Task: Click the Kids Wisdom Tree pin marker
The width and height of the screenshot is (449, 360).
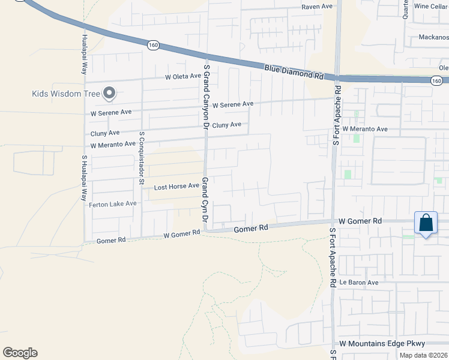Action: tap(109, 93)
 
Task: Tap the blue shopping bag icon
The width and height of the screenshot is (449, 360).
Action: tap(426, 223)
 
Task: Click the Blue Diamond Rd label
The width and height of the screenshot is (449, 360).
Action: tap(294, 73)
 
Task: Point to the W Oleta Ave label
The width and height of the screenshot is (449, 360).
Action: tap(183, 76)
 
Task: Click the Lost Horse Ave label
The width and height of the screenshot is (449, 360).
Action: tap(176, 187)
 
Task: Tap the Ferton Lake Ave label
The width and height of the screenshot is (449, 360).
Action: tap(113, 204)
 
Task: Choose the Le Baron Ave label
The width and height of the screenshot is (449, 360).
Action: tap(359, 282)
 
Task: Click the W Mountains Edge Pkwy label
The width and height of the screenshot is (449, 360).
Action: tap(382, 343)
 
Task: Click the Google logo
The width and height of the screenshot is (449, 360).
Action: tap(20, 353)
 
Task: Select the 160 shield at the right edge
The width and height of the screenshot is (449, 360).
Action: tap(436, 81)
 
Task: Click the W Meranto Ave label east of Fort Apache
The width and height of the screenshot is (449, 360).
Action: tap(365, 129)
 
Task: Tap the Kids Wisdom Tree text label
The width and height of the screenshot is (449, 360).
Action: tap(65, 93)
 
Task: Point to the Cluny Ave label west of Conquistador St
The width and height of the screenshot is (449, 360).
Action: tap(105, 133)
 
